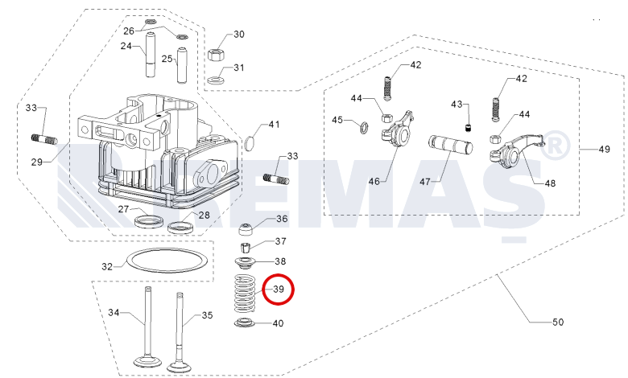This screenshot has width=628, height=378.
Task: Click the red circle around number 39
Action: point(278,275)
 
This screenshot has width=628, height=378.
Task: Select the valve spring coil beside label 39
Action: point(246,294)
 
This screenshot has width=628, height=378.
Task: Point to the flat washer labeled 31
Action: point(217,80)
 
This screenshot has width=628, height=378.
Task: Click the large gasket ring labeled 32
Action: point(127,260)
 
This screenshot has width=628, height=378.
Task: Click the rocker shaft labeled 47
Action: point(451,146)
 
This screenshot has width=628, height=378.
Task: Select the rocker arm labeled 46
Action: point(397,129)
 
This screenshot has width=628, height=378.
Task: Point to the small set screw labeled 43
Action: point(468,129)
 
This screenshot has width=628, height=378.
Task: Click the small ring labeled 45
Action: point(361,127)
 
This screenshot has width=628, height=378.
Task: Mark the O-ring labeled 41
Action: point(245,143)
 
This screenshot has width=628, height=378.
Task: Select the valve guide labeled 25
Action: point(182,65)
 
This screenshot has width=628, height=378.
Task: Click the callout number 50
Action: point(557,322)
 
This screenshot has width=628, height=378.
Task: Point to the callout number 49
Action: point(604,150)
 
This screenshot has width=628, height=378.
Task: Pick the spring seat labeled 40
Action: point(245,322)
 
